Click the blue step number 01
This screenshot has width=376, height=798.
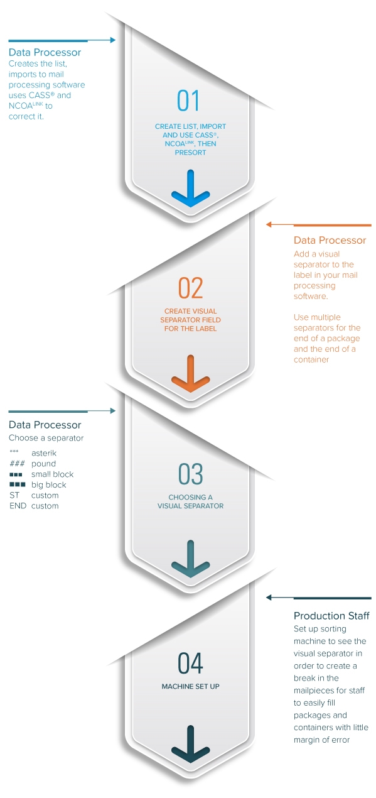click(188, 101)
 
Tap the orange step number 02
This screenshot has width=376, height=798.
click(191, 288)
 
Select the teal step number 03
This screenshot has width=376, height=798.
click(191, 474)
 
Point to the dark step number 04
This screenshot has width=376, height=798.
click(191, 663)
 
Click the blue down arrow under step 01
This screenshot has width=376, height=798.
click(191, 188)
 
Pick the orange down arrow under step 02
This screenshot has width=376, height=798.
click(191, 373)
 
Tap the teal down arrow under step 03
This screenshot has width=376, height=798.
click(191, 559)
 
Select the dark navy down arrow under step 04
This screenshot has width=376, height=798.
click(191, 744)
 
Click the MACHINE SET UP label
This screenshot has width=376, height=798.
click(191, 686)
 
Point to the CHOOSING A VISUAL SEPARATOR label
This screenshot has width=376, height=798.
click(191, 501)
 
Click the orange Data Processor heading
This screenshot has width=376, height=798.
click(330, 240)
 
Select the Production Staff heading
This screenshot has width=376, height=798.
click(331, 616)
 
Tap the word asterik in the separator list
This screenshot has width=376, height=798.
click(44, 453)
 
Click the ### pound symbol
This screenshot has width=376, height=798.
click(17, 464)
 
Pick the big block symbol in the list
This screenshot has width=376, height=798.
click(18, 484)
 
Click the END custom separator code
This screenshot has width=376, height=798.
click(18, 506)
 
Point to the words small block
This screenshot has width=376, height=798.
click(52, 474)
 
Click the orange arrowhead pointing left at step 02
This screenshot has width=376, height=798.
click(269, 224)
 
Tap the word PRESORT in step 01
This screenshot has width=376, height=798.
click(190, 153)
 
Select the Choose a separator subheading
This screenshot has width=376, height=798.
click(46, 438)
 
